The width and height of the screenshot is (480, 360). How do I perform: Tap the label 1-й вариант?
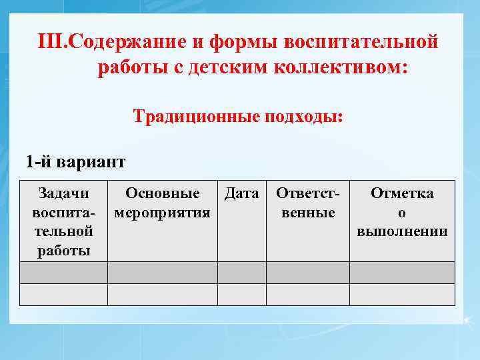75,161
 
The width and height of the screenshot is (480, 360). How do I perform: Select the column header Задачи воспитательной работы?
64,221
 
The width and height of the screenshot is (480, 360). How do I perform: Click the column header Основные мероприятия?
163,203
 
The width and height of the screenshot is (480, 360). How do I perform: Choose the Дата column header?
242,193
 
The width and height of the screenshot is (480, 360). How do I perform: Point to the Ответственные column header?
308,203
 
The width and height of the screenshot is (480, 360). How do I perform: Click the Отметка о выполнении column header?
402,212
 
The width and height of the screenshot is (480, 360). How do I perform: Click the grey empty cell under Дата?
242,273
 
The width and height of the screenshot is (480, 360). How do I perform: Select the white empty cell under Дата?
242,295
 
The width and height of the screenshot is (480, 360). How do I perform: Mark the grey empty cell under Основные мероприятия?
163,273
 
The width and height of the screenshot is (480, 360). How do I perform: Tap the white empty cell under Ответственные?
308,295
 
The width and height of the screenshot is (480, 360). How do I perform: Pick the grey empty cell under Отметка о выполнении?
402,273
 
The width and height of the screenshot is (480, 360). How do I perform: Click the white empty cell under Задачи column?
64,295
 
